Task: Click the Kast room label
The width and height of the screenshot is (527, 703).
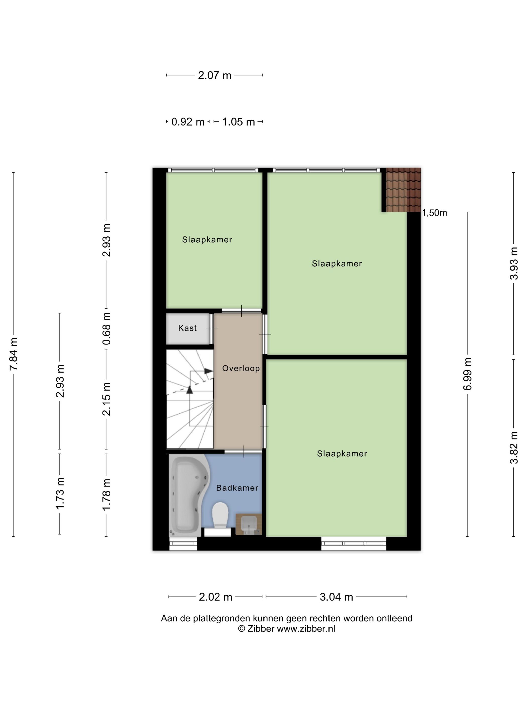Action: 187,328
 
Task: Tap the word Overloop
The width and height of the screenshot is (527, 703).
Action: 241,368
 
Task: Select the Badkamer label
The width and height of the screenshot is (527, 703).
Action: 237,488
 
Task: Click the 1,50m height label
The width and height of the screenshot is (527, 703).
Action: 434,213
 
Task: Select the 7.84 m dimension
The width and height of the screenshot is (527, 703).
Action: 13,354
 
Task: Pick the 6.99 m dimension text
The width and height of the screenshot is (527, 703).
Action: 467,374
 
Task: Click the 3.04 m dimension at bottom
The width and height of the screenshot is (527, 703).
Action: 336,597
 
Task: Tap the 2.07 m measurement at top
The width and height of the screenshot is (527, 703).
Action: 214,75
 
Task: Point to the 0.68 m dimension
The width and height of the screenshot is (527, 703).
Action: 106,328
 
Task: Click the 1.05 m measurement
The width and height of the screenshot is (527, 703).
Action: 238,122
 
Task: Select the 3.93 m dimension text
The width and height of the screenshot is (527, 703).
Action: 514,263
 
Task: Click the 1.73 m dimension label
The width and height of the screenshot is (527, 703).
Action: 60,493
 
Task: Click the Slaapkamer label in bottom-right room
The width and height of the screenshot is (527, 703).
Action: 342,453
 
